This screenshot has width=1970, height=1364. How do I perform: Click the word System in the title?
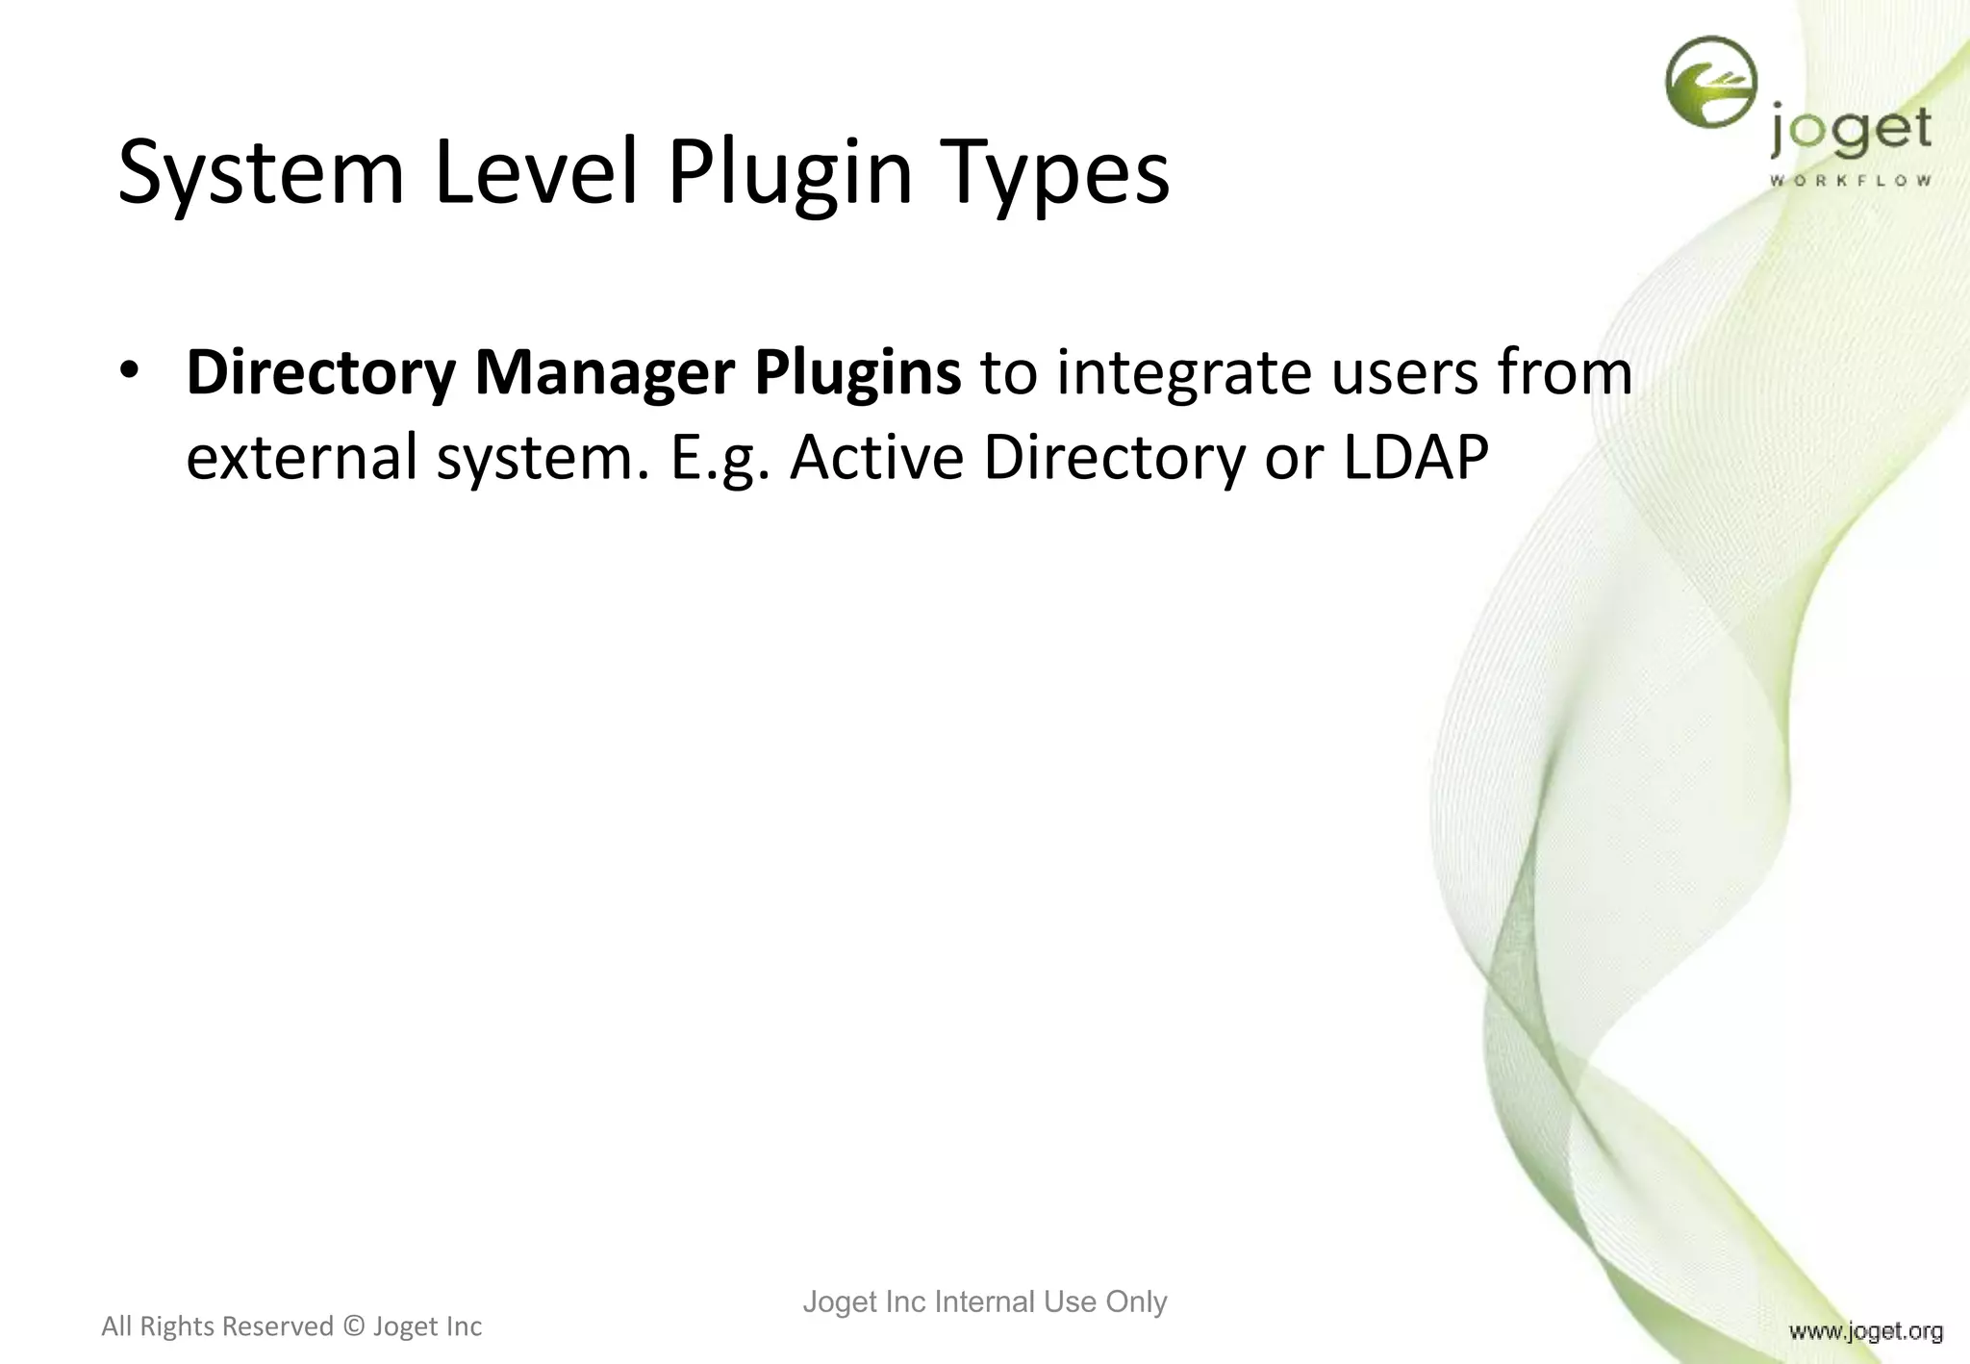point(261,173)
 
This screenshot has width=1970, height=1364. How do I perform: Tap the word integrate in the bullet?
point(1184,373)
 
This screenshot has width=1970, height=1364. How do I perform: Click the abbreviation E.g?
point(720,458)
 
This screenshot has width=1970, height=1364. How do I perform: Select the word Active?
point(876,458)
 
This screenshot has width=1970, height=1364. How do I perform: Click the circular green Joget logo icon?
point(1710,83)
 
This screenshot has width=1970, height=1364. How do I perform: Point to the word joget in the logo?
point(1850,133)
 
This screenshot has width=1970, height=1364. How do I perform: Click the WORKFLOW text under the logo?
point(1850,180)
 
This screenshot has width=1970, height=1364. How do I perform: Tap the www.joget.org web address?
point(1865,1331)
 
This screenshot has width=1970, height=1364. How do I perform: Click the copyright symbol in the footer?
point(354,1326)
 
